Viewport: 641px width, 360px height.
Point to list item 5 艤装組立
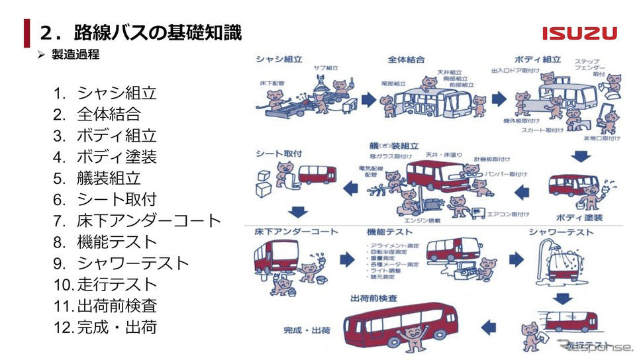click(106, 178)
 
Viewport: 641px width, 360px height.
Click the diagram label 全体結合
click(406, 60)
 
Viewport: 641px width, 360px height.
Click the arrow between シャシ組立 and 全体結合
click(369, 101)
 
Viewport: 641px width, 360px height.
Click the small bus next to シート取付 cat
click(317, 175)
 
